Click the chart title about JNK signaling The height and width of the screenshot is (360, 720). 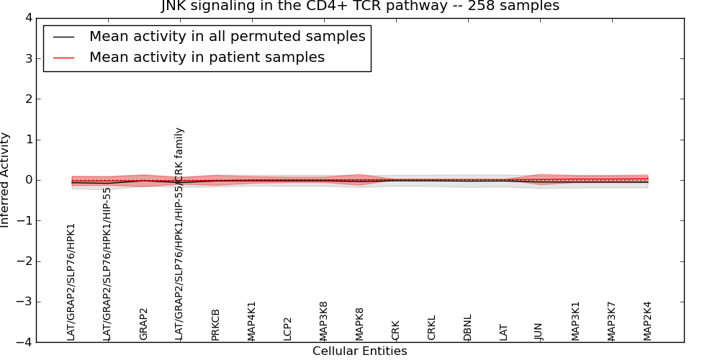[x=359, y=6]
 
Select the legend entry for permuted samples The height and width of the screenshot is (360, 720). [x=227, y=37]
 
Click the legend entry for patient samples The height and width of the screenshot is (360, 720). [x=207, y=58]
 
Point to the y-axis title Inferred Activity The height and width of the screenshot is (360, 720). [x=6, y=180]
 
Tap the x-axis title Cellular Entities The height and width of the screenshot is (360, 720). [x=359, y=351]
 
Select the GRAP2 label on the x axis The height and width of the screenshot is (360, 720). [x=143, y=324]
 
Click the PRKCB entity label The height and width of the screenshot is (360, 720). [x=215, y=324]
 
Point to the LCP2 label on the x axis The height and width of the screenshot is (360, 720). [x=287, y=328]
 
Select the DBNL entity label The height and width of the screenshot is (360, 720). [x=467, y=327]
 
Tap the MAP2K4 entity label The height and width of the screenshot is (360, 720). [x=647, y=320]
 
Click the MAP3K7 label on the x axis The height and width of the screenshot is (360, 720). [x=611, y=320]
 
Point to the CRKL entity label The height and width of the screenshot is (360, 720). [x=431, y=328]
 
